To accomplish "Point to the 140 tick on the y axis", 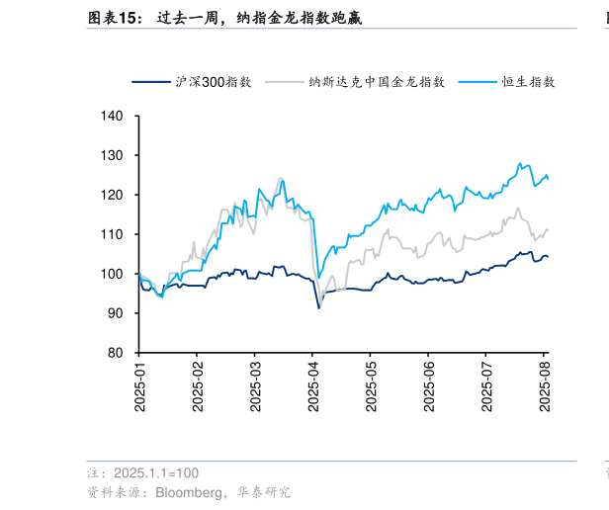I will point(116,117).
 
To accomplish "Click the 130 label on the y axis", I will point(116,156).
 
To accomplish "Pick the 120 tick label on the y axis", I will point(116,196).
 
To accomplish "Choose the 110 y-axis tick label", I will point(116,234).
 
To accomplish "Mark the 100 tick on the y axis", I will point(116,274).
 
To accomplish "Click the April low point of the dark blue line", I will point(318,308).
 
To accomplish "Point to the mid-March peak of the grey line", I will point(280,178).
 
